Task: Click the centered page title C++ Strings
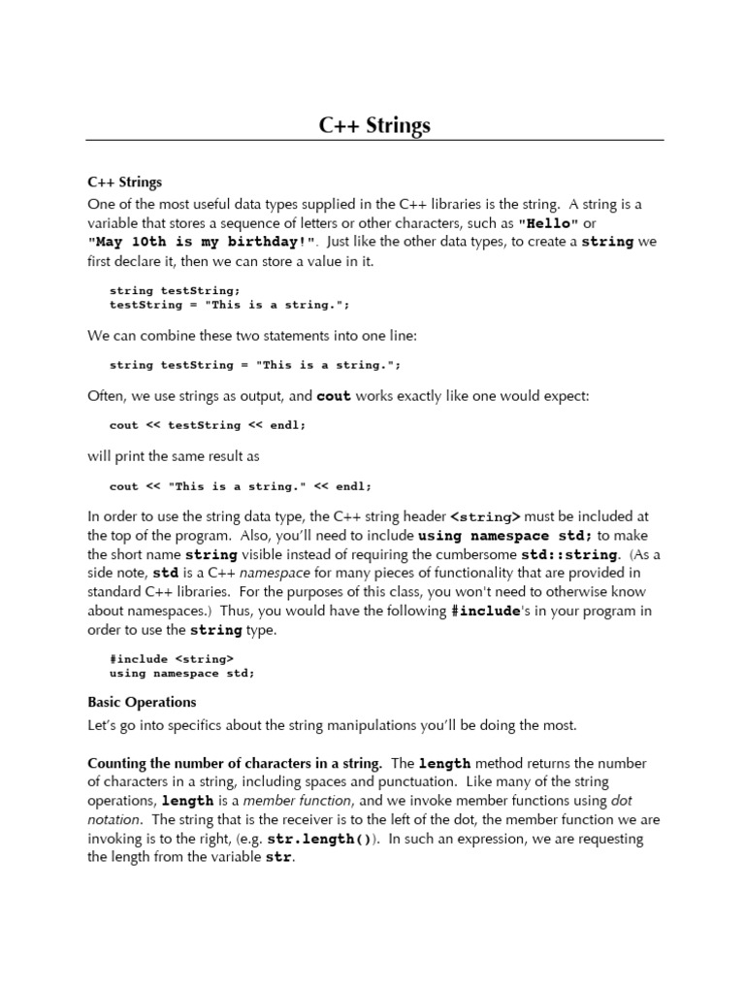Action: pyautogui.click(x=374, y=125)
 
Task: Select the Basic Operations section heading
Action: pyautogui.click(x=142, y=702)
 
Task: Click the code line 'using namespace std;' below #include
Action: pyautogui.click(x=181, y=673)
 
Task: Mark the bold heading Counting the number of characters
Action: pyautogui.click(x=234, y=763)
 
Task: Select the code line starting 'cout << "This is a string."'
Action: pyautogui.click(x=240, y=486)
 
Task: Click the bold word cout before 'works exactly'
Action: pyautogui.click(x=334, y=396)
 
